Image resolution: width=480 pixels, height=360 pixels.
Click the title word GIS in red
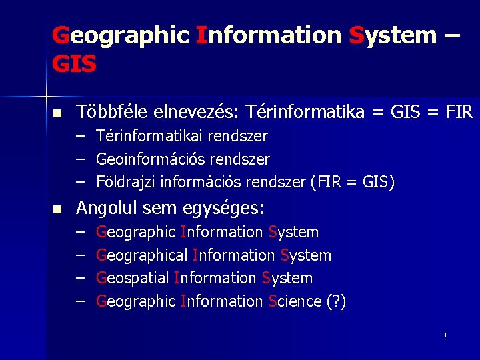tap(74, 64)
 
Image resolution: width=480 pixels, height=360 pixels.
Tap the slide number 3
tap(444, 335)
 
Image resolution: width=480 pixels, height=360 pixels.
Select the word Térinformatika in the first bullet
tap(304, 112)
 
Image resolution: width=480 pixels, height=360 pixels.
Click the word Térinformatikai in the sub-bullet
tap(147, 137)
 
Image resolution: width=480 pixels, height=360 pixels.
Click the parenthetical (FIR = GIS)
tap(353, 182)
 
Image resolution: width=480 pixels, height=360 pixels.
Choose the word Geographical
tap(141, 255)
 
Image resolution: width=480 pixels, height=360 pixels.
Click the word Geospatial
tap(133, 278)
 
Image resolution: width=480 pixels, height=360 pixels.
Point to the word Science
tap(294, 301)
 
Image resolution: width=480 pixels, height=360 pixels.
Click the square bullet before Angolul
tap(57, 210)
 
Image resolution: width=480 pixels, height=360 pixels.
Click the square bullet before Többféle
tap(57, 113)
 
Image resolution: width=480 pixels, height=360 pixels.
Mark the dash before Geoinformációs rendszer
tap(80, 159)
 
